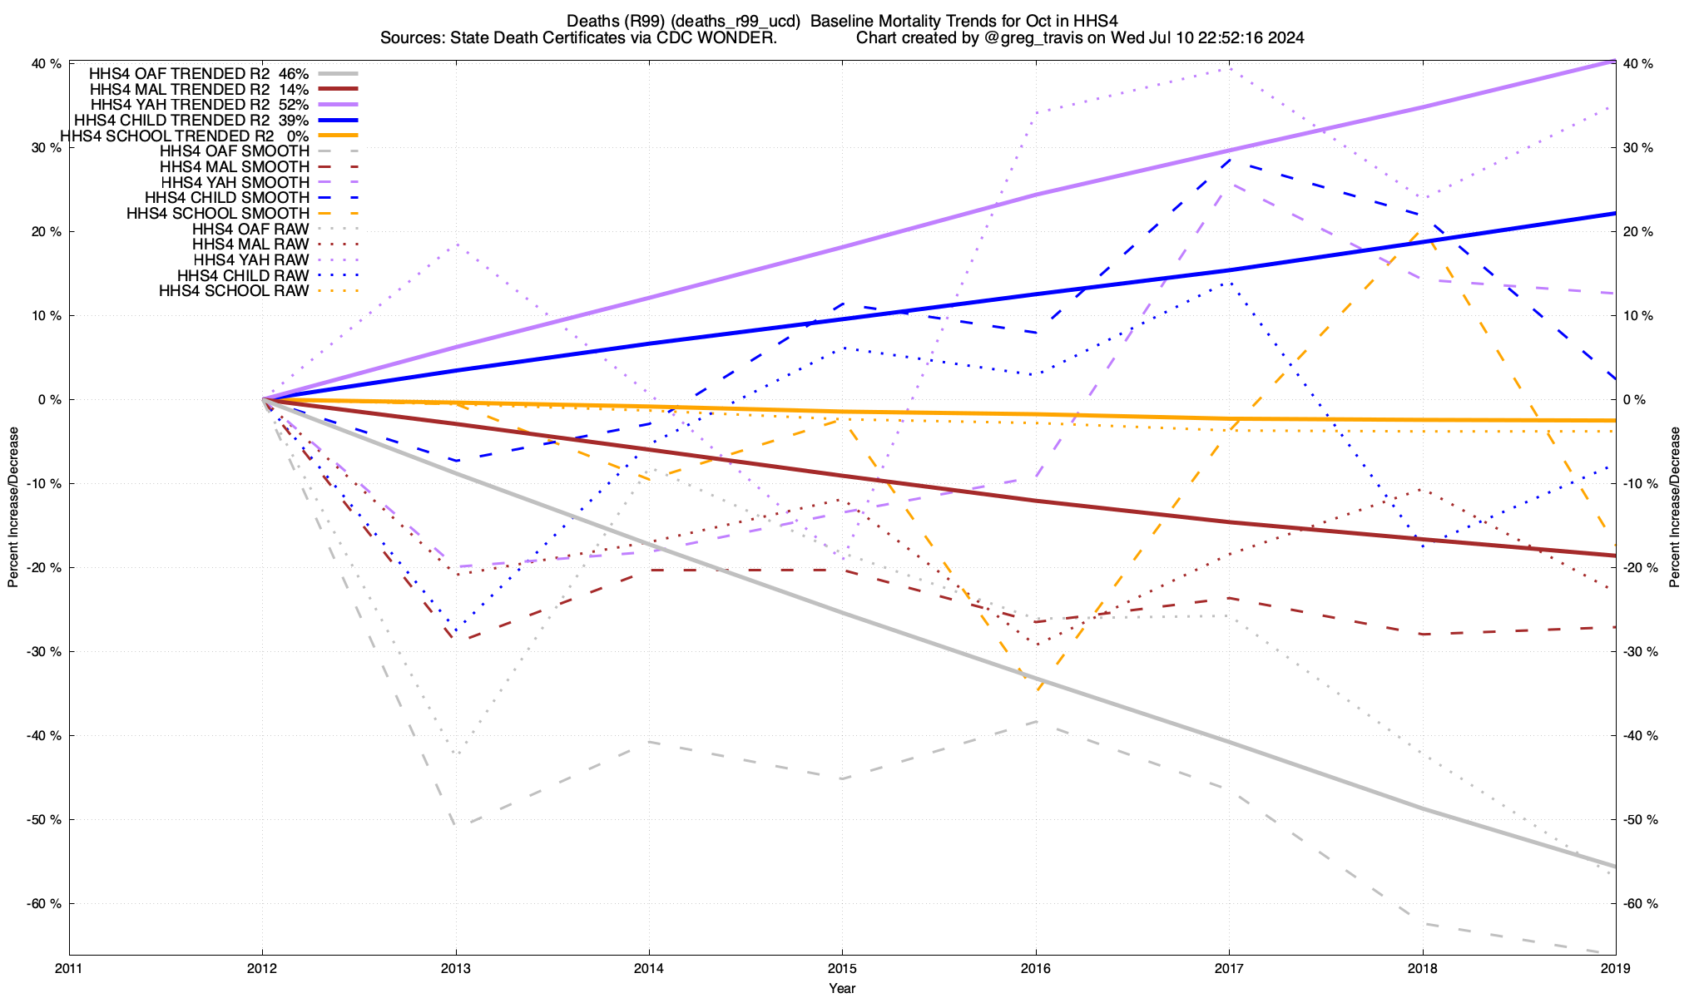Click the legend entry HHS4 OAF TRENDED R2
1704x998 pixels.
click(x=180, y=73)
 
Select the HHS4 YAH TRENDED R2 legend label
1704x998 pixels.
click(x=180, y=105)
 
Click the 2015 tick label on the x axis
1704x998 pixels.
click(x=842, y=969)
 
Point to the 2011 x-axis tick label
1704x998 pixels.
click(x=69, y=969)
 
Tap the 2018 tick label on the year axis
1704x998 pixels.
click(x=1422, y=969)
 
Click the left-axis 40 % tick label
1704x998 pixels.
click(x=47, y=64)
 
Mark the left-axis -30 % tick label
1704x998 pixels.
click(x=44, y=652)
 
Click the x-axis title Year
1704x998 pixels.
click(x=842, y=988)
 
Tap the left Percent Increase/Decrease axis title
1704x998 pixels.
click(x=13, y=507)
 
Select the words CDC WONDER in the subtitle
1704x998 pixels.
click(x=721, y=37)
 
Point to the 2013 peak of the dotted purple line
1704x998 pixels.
click(x=456, y=244)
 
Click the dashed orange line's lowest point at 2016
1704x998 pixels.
click(x=1036, y=691)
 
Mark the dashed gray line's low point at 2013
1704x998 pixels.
click(x=456, y=826)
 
